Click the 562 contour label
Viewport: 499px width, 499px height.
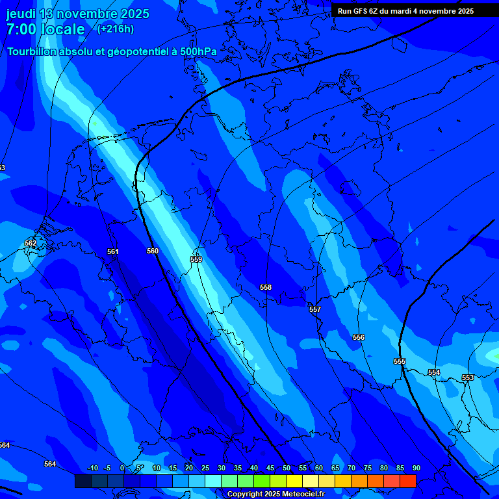click(31, 243)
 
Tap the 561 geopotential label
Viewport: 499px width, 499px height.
click(113, 251)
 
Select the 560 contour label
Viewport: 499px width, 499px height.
click(153, 251)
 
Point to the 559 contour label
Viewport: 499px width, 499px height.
click(196, 259)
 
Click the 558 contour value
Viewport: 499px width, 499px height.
click(266, 287)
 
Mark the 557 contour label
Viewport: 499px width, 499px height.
click(315, 309)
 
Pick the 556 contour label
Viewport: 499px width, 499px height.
click(359, 337)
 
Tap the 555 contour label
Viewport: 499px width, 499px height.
click(400, 361)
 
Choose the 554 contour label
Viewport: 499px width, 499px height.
click(434, 372)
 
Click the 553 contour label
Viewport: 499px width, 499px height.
click(468, 377)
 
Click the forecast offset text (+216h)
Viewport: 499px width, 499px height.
click(116, 29)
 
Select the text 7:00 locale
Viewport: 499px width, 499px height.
click(45, 30)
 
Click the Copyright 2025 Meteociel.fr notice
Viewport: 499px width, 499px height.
click(275, 494)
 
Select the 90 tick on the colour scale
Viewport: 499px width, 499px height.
click(416, 468)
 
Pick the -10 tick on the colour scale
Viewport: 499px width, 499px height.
click(92, 468)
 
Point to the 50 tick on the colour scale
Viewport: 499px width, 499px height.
click(287, 468)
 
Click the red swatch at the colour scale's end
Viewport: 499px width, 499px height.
click(407, 481)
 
